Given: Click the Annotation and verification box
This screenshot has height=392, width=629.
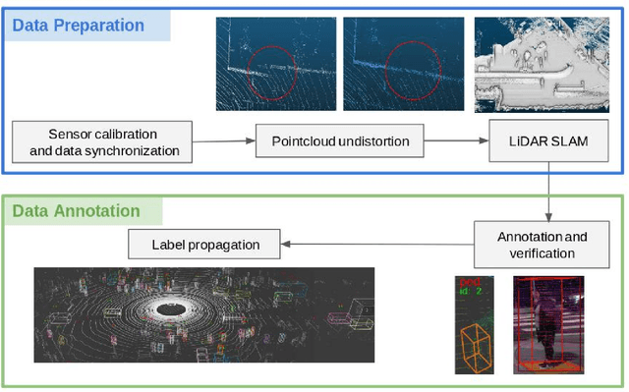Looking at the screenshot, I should tap(543, 245).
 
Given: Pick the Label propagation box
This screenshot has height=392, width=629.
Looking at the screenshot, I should tap(205, 244).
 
